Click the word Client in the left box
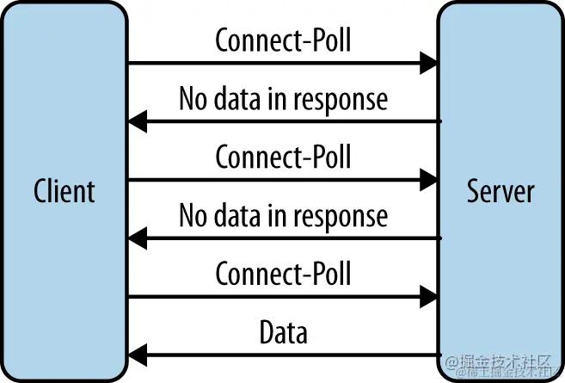[x=64, y=190]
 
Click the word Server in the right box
[x=501, y=190]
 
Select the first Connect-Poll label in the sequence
[x=283, y=40]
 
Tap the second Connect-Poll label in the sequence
[x=283, y=157]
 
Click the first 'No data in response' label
[x=283, y=99]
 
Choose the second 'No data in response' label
[x=283, y=215]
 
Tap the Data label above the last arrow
[x=283, y=331]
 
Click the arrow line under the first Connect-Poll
[x=275, y=63]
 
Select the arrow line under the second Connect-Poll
[x=275, y=180]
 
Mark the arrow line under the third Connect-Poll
[x=275, y=296]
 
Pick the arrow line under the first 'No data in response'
[x=292, y=121]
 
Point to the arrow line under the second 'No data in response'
[x=292, y=238]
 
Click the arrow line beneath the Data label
[x=292, y=354]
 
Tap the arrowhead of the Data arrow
[x=138, y=354]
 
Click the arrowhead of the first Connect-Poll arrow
[x=428, y=63]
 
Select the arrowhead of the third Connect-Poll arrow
[x=428, y=296]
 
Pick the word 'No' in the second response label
[x=193, y=215]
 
